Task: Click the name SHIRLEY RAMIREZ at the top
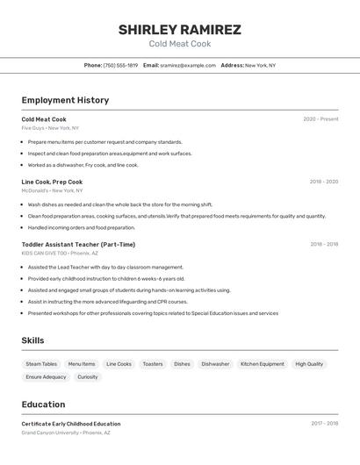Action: (179, 30)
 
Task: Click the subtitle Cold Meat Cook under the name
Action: (179, 44)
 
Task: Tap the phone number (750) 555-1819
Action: (120, 65)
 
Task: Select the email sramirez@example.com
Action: (187, 65)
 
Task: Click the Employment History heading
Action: (65, 100)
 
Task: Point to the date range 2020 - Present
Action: (320, 119)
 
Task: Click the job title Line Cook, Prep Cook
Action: (52, 182)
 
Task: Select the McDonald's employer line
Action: (52, 190)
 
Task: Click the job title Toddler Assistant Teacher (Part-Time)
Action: (78, 245)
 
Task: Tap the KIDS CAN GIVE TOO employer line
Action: (61, 254)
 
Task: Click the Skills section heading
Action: (32, 340)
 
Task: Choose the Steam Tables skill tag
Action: (41, 364)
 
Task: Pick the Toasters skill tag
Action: (153, 364)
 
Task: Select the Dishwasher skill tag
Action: (215, 364)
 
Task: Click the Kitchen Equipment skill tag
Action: (263, 364)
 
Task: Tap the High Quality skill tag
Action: (309, 364)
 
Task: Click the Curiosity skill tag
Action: (88, 377)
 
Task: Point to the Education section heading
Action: (43, 404)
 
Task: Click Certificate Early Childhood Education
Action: (71, 424)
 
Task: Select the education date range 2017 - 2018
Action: (324, 424)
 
